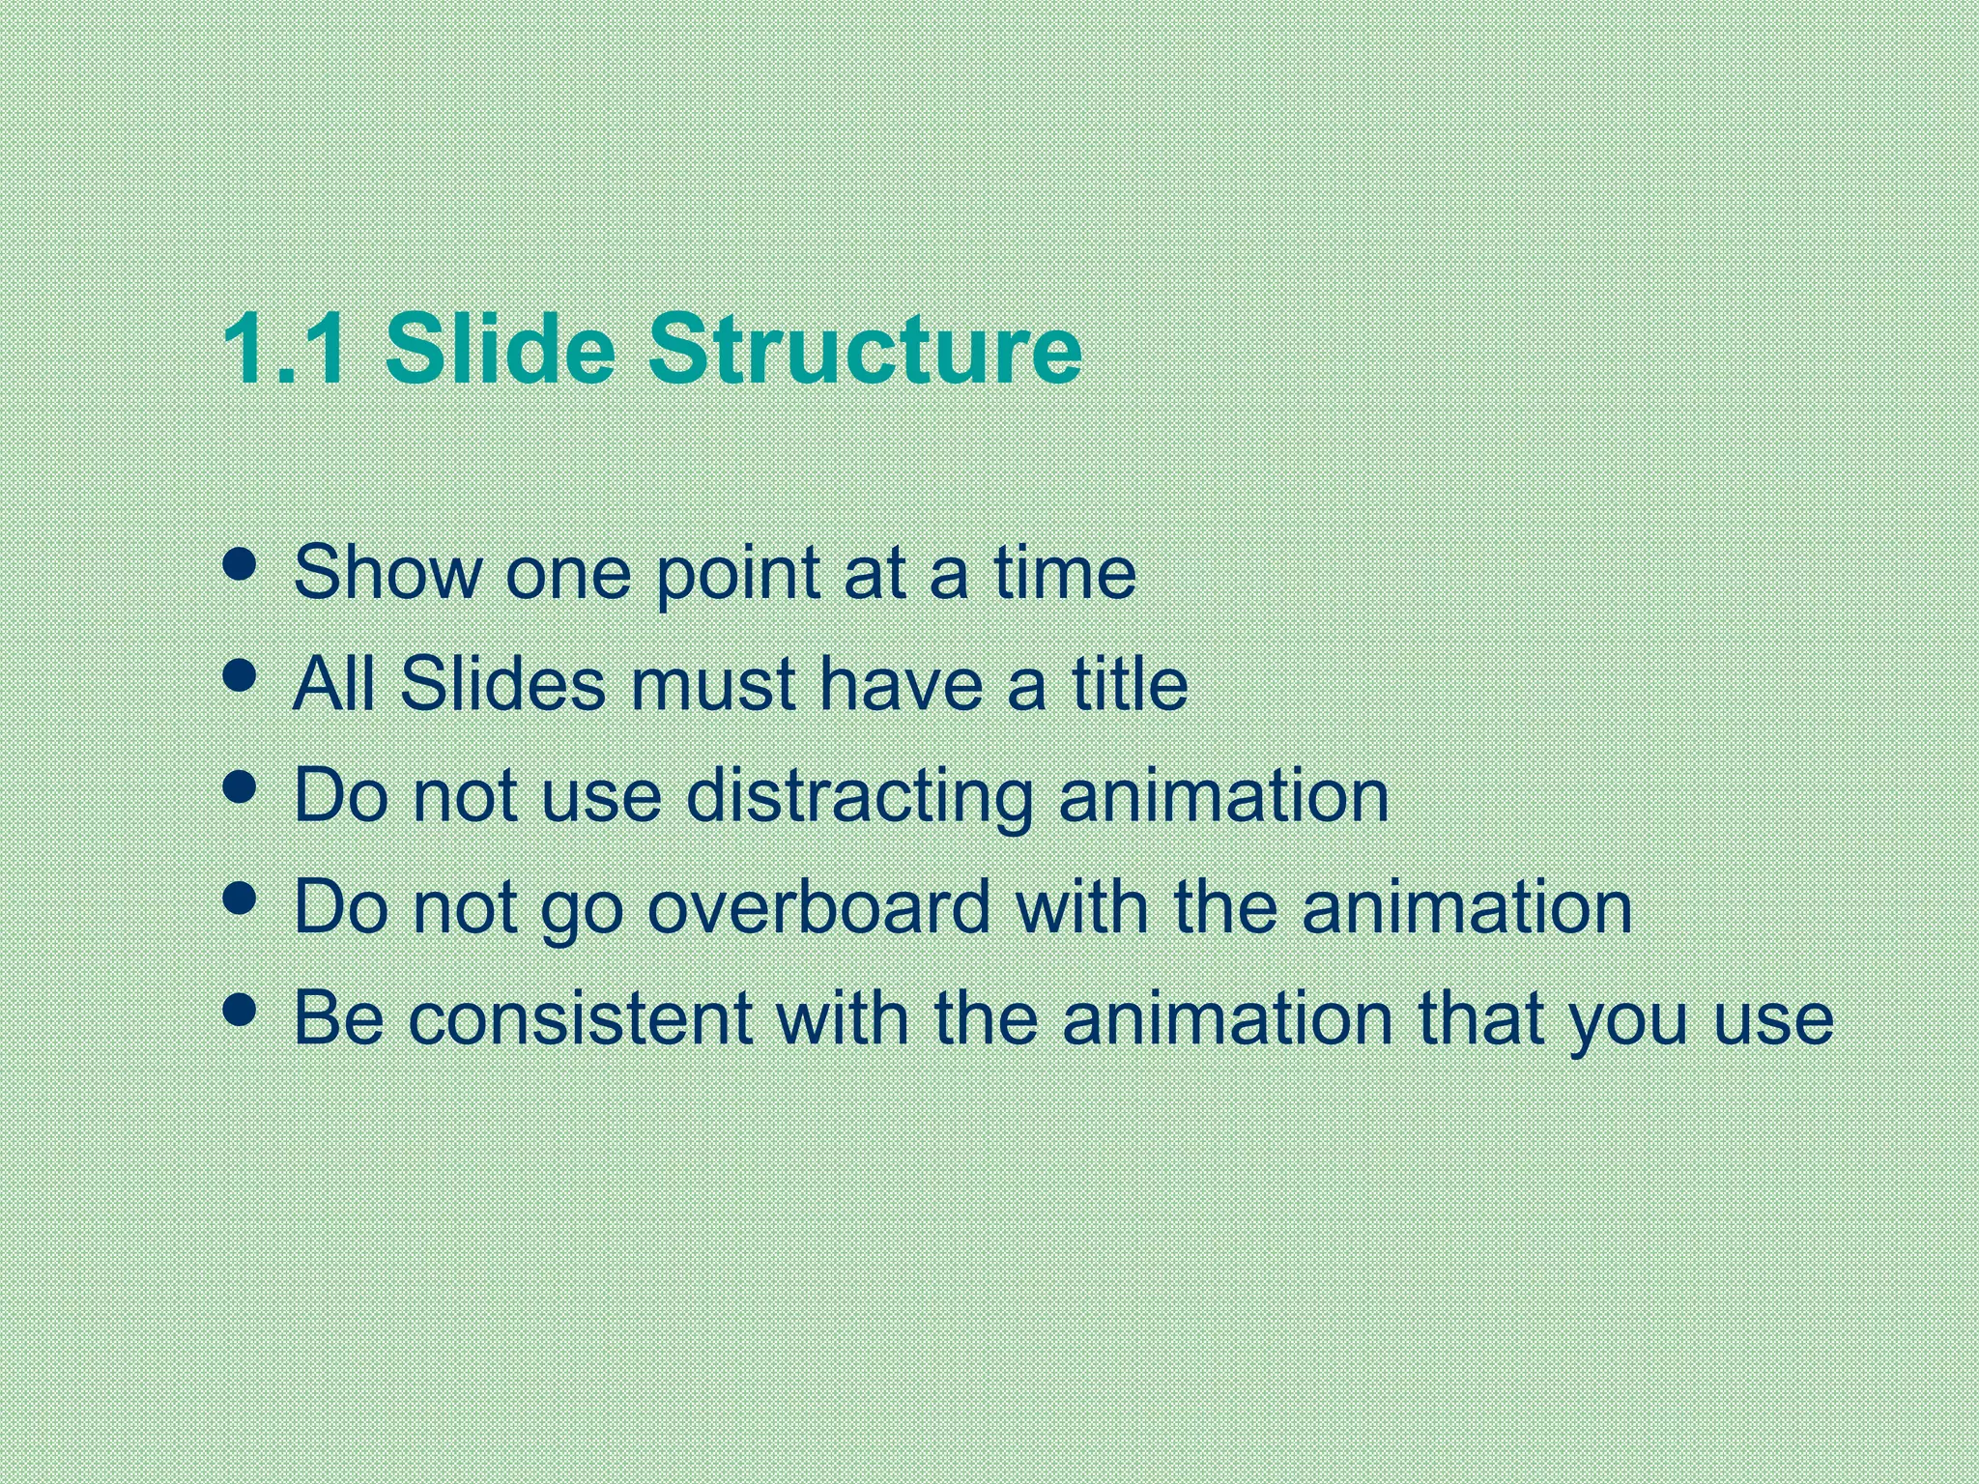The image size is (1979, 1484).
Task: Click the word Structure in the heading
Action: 864,349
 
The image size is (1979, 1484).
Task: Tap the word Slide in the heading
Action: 500,349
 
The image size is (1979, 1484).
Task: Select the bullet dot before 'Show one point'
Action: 239,564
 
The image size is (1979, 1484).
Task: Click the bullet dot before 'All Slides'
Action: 239,675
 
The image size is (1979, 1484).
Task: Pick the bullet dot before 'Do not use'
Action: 239,787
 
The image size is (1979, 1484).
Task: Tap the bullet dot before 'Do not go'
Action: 239,899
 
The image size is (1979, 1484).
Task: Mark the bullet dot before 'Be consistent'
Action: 239,1011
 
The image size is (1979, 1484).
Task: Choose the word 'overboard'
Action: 819,908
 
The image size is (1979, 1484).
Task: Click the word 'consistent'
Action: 580,1019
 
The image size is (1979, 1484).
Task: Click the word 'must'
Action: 713,686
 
